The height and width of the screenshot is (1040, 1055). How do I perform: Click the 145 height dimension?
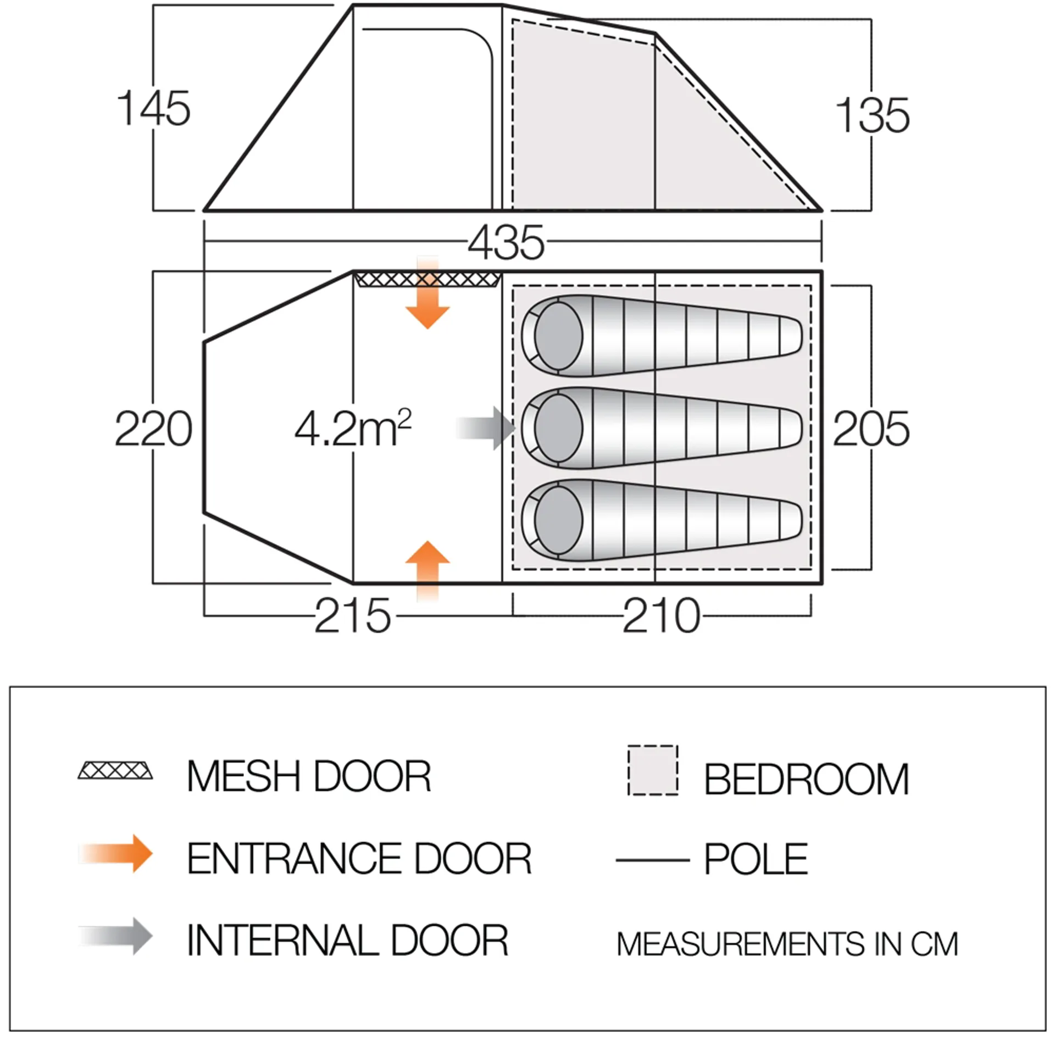point(153,109)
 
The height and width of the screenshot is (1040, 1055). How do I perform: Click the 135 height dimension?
point(872,115)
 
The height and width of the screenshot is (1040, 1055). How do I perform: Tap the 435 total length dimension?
point(506,243)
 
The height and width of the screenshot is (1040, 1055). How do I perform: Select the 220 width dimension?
point(153,429)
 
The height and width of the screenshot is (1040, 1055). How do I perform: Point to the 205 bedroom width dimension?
point(871,429)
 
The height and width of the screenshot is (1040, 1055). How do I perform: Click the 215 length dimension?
point(352,616)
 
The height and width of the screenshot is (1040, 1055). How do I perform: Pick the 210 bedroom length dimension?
point(662,616)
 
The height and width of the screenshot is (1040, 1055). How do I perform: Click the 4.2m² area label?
point(353,429)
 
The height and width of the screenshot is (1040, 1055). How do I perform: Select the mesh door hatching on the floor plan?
point(427,280)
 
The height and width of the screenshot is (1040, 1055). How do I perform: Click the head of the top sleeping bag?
point(558,336)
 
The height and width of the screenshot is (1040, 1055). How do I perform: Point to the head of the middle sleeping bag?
point(558,428)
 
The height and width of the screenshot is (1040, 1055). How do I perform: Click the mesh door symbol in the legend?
point(115,771)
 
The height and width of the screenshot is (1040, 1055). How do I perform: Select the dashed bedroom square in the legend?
point(653,770)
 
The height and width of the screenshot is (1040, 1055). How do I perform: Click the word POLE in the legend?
point(756,859)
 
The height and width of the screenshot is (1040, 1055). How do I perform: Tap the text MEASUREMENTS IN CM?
point(787,944)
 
